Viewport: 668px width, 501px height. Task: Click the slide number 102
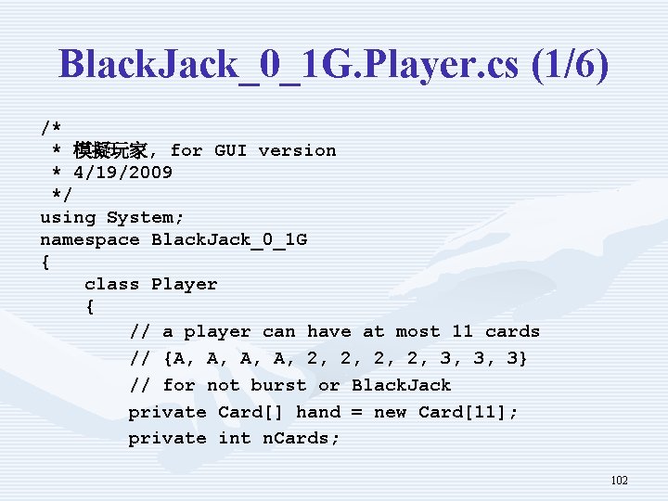pyautogui.click(x=619, y=481)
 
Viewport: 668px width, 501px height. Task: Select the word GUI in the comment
pyautogui.click(x=230, y=150)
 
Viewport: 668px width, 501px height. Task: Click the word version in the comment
pyautogui.click(x=297, y=150)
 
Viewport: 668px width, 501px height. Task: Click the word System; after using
pyautogui.click(x=145, y=218)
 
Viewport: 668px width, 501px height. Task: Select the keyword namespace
pyautogui.click(x=90, y=240)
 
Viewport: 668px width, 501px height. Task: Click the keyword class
pyautogui.click(x=112, y=285)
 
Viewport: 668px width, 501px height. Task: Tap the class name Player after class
pyautogui.click(x=184, y=285)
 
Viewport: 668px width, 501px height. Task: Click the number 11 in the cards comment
pyautogui.click(x=463, y=332)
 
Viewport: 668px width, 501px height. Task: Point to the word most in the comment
pyautogui.click(x=417, y=332)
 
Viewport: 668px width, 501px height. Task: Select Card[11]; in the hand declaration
pyautogui.click(x=469, y=412)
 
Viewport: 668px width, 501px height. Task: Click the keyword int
pyautogui.click(x=235, y=438)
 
